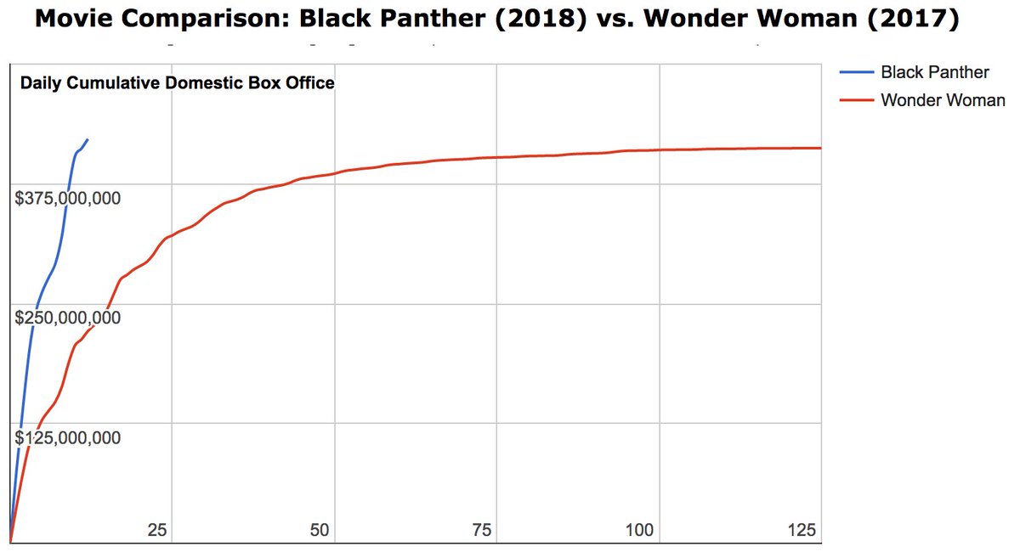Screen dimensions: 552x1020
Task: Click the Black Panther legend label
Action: point(934,72)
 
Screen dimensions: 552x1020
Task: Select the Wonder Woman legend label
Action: point(942,100)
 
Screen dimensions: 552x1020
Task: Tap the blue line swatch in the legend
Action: point(856,72)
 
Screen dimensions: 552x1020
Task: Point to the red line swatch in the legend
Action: point(856,100)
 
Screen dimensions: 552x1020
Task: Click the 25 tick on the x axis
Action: point(156,531)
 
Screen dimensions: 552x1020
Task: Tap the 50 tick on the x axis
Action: point(319,531)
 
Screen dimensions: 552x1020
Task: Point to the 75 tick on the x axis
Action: point(481,531)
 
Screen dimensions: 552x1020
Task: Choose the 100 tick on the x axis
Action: point(640,531)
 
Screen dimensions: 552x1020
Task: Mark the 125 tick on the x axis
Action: point(802,531)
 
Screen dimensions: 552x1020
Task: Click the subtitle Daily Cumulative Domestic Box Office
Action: point(177,83)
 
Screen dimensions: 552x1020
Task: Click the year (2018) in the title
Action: point(561,20)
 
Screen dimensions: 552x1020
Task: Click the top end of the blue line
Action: point(88,139)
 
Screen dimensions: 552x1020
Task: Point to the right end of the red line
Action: point(820,149)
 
